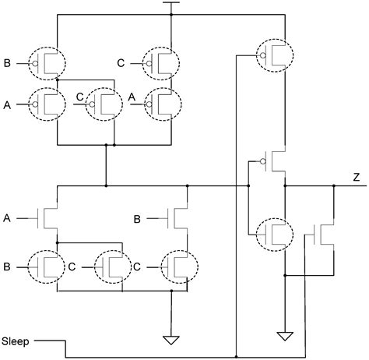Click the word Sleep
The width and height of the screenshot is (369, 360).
click(16, 341)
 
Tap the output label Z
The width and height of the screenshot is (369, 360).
click(356, 178)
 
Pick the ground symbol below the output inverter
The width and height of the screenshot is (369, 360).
click(285, 335)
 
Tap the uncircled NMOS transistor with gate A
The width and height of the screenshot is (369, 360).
click(50, 217)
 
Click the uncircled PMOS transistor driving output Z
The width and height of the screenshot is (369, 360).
click(275, 161)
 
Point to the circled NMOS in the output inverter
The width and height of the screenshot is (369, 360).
click(274, 232)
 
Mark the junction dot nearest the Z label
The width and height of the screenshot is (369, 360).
click(334, 187)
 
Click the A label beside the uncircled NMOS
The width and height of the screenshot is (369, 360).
click(7, 217)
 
